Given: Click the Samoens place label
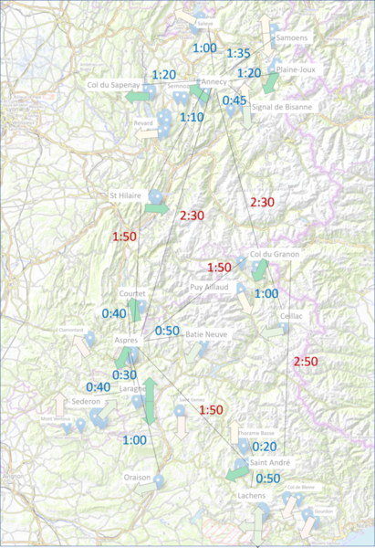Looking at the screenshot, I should pos(291,38).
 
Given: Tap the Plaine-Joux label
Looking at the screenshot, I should pos(295,68).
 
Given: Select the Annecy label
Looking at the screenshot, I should pos(214,81).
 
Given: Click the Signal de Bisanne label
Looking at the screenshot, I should pos(288,107).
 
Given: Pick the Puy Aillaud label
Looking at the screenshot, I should pos(208,287).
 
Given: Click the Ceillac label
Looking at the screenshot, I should pos(292,315).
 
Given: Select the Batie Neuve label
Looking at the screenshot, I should pos(206,335).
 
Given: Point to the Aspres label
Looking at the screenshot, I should pos(126,341).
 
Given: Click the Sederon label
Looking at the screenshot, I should pos(86,401).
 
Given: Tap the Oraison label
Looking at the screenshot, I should pos(137,477).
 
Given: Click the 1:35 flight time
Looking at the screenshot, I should pos(238,54).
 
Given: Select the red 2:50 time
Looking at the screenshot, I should pos(306,363).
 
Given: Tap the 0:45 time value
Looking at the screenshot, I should pos(234,100).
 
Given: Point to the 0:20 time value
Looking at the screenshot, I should pos(265,447).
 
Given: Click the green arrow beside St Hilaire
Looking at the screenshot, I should pos(156,209).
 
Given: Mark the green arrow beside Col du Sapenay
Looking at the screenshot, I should pos(139,95).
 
